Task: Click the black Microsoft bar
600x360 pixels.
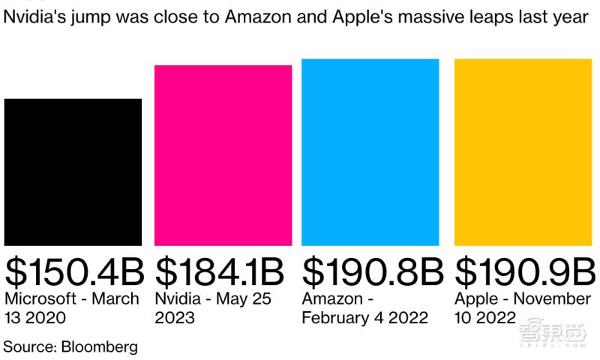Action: tap(73, 172)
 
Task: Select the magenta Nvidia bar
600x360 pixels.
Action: tap(223, 155)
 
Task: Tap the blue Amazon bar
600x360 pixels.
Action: tap(370, 152)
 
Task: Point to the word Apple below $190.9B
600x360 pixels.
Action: tap(475, 298)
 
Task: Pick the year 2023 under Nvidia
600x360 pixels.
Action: tap(175, 317)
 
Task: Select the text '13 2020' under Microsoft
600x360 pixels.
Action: tap(35, 317)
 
